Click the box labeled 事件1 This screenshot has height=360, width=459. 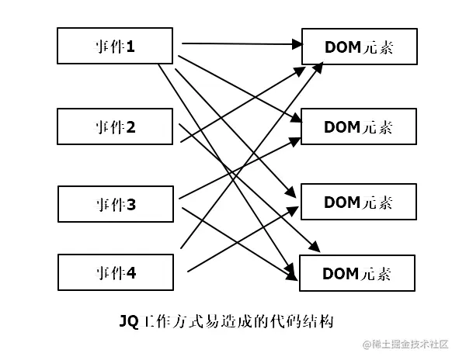coord(114,46)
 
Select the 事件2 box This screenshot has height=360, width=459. coord(114,126)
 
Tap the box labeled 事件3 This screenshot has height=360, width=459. coord(114,204)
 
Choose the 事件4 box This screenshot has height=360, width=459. coord(114,272)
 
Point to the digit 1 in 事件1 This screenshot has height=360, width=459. coord(131,47)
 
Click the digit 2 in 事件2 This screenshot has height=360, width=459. coord(131,126)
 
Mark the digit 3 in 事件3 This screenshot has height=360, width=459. coord(131,205)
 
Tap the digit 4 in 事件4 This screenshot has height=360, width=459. coord(131,273)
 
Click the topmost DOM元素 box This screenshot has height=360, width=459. coord(359,47)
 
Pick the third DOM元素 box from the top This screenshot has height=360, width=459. coord(359,202)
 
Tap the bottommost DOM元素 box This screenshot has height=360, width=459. coord(357,272)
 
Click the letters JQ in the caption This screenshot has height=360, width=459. coord(126,320)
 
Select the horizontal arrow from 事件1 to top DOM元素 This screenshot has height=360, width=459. coord(241,43)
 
